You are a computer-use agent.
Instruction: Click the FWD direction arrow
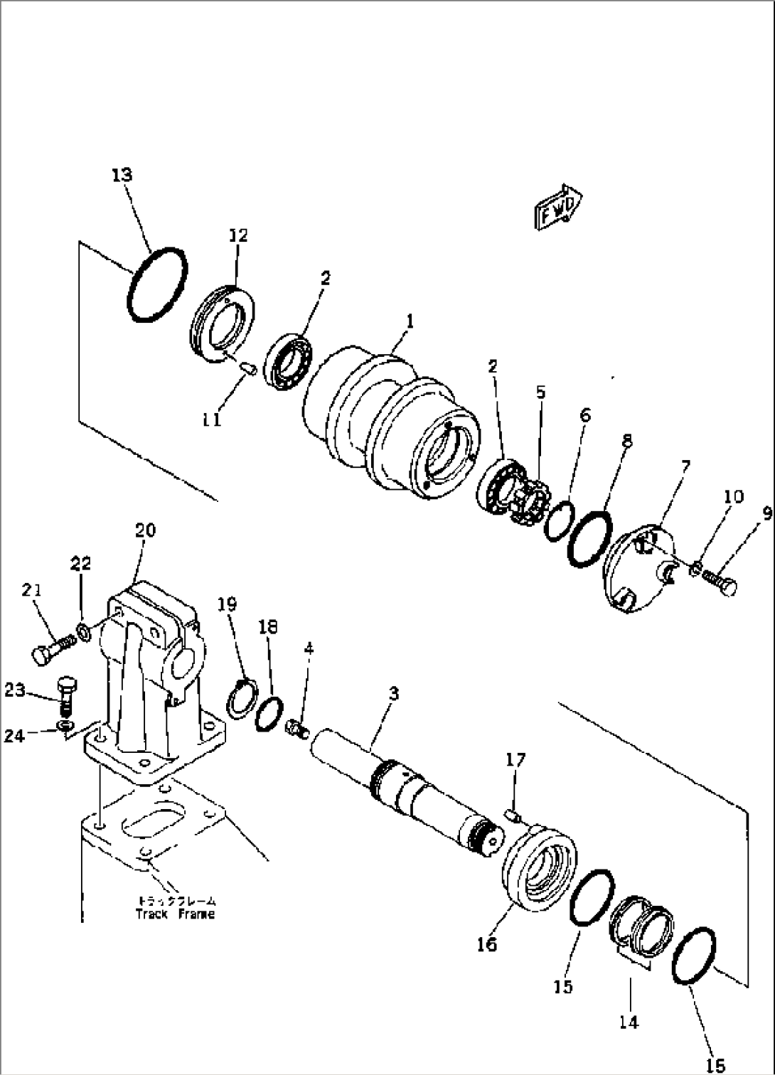558,208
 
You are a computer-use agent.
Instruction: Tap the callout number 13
122,175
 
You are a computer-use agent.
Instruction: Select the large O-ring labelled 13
157,284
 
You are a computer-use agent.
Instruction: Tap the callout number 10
734,496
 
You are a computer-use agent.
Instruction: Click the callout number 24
14,735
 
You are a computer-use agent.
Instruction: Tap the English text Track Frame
175,914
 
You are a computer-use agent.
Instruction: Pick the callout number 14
629,1022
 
